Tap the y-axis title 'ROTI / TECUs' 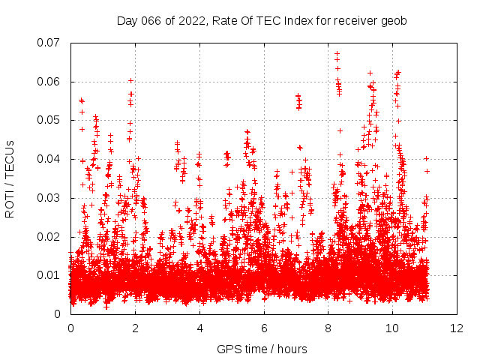click(x=10, y=178)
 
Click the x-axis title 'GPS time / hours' click(x=262, y=349)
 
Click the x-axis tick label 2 click(x=135, y=328)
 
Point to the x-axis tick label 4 click(x=199, y=328)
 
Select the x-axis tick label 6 click(x=264, y=328)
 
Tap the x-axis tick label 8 click(x=328, y=328)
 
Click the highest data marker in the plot click(x=337, y=53)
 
